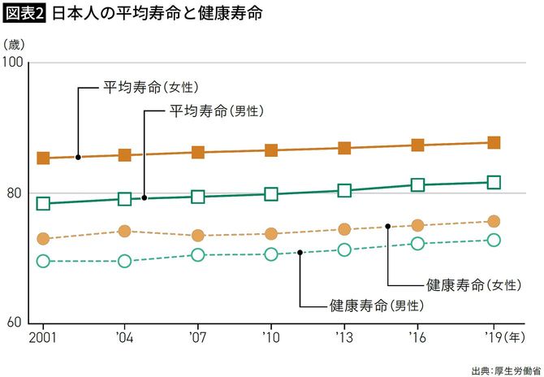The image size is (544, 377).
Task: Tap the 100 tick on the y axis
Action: pos(14,63)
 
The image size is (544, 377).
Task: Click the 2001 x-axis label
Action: pos(43,336)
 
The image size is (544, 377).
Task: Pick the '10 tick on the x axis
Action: pos(270,336)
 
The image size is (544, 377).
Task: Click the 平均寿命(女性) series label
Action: pos(151,87)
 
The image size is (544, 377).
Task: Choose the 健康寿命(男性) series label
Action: pos(377,306)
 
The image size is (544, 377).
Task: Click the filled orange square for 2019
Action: pos(493,143)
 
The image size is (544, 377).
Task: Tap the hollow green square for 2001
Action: pos(44,203)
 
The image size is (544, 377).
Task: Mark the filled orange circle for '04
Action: pos(125,232)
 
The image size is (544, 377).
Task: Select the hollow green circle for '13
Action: pos(344,249)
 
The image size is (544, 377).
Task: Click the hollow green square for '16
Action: pos(417,185)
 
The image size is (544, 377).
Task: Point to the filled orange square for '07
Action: pos(198,153)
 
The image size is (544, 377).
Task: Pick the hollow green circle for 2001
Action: pos(44,261)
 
